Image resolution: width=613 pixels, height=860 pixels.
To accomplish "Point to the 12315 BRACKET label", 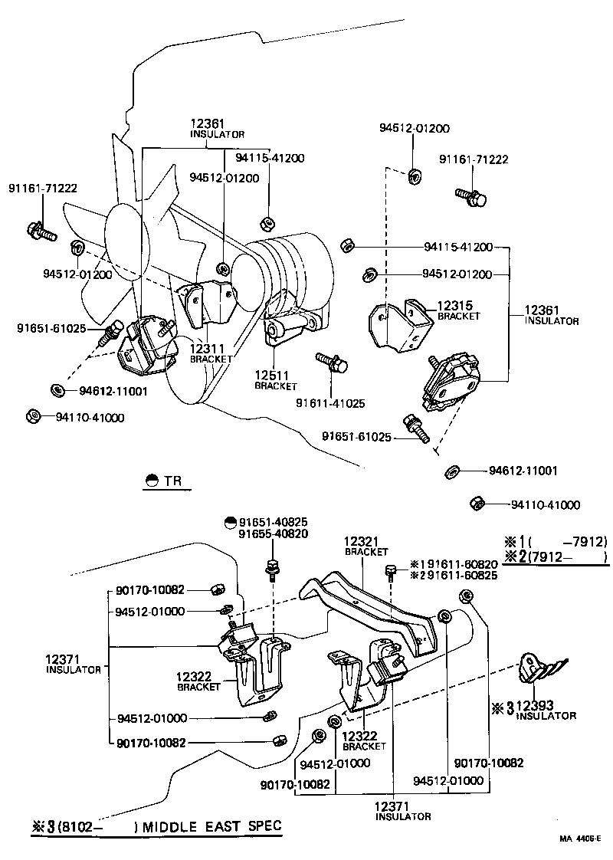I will tap(458, 310).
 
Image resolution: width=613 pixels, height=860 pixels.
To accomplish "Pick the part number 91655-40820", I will tap(274, 533).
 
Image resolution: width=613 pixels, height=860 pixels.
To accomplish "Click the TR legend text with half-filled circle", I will tap(164, 481).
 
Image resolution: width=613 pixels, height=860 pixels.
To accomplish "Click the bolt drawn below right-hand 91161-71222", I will tap(468, 197).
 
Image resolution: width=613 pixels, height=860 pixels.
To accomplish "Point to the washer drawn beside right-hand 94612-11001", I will tap(451, 470).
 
